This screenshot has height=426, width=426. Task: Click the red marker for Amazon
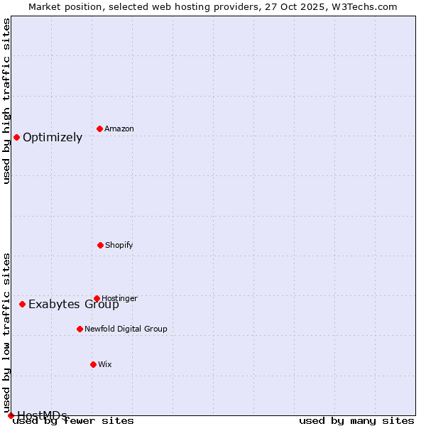(99, 129)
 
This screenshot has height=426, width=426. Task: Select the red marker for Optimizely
(16, 137)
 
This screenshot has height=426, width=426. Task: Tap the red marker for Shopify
(100, 245)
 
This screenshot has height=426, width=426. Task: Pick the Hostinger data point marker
(97, 298)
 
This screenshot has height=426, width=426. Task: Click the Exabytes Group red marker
(22, 304)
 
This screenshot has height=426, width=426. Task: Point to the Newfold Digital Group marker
(80, 329)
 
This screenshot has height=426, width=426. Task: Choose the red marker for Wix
(93, 364)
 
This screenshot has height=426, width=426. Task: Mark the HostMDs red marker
(11, 415)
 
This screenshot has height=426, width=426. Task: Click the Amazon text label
(119, 129)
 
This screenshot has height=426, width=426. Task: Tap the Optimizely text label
(53, 137)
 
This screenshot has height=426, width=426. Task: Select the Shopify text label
(119, 245)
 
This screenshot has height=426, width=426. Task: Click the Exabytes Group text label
(74, 305)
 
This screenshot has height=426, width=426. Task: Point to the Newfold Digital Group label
(126, 329)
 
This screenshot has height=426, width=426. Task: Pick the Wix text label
(105, 364)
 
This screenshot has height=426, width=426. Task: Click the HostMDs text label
(42, 415)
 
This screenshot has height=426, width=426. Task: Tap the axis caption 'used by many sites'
(356, 420)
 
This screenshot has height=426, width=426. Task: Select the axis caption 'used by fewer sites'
(73, 420)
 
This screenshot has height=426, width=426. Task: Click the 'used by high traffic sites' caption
(6, 101)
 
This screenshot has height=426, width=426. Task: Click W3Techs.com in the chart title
(365, 6)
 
